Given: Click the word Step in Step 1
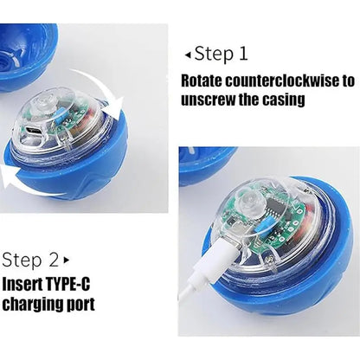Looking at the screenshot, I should click(x=214, y=54).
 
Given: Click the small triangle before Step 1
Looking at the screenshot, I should click(x=188, y=55).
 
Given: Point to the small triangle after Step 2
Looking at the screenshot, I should click(x=67, y=260).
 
